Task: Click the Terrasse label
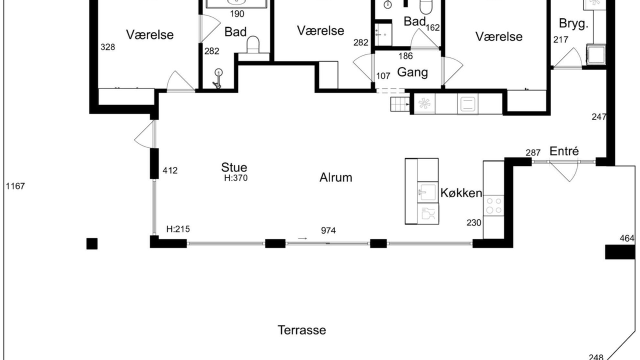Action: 301,330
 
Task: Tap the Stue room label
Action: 234,167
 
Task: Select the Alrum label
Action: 335,177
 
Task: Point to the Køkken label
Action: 461,193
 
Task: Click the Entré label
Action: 564,151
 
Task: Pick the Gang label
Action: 412,72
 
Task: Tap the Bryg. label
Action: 573,23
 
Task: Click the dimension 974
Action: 328,230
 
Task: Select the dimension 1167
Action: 15,186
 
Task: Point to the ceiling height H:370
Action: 235,178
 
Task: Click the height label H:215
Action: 178,229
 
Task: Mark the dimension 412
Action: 170,170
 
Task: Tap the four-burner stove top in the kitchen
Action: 493,205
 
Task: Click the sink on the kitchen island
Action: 427,192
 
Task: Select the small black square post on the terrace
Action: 92,243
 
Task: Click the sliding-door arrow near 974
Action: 302,238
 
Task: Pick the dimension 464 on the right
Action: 627,238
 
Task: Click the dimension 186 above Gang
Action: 405,56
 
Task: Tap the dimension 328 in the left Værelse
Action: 107,47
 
